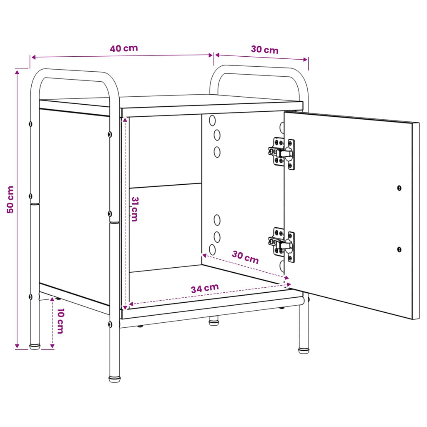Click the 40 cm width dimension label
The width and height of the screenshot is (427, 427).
[124, 48]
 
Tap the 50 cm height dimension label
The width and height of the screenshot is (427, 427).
[10, 200]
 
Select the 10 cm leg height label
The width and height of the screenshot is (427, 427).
[60, 321]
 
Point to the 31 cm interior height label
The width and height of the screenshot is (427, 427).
[135, 209]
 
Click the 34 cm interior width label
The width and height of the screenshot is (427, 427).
[205, 289]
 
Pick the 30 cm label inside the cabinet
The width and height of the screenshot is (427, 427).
[245, 257]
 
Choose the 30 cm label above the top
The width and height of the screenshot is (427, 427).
[265, 50]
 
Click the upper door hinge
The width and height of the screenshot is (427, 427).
[281, 153]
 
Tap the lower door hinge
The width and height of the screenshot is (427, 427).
[281, 244]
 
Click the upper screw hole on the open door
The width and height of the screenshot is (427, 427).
[399, 188]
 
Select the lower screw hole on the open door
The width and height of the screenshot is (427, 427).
[399, 249]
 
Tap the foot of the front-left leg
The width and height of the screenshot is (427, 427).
[115, 379]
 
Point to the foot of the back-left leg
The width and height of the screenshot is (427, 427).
[35, 347]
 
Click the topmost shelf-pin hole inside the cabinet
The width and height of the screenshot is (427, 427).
[212, 121]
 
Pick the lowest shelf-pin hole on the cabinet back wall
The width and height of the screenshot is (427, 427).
[212, 250]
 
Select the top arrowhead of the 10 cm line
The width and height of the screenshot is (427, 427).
[52, 300]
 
